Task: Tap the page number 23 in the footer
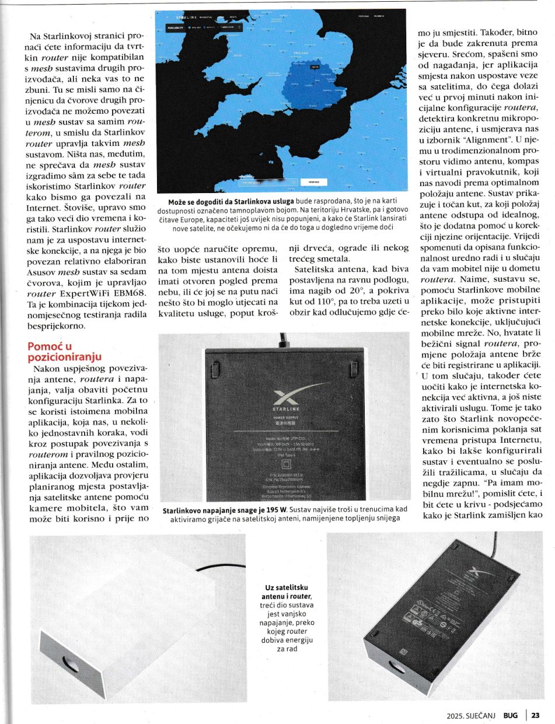pyautogui.click(x=535, y=715)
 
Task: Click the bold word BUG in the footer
pyautogui.click(x=511, y=715)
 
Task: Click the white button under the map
pyautogui.click(x=309, y=183)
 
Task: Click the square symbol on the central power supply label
pyautogui.click(x=286, y=464)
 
